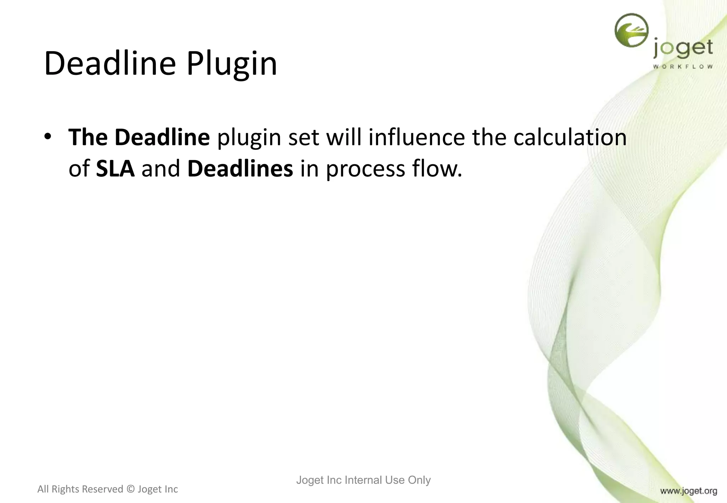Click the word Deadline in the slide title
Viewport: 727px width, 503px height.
(110, 64)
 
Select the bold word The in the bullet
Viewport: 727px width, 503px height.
(88, 138)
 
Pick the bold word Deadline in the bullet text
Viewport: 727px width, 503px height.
(162, 138)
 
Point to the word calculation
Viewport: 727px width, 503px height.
(570, 138)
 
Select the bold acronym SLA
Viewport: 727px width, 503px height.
(115, 169)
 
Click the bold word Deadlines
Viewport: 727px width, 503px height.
(240, 169)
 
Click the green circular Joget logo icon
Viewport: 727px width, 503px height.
(631, 30)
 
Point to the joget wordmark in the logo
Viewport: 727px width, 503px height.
(683, 49)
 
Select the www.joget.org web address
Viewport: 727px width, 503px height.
(688, 491)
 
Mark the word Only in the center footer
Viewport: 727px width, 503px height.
(419, 480)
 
